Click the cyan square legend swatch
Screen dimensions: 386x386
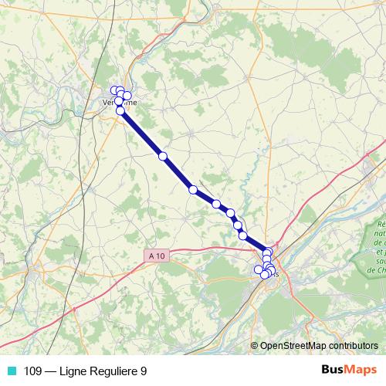(x=11, y=371)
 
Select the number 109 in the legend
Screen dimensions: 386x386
(x=33, y=371)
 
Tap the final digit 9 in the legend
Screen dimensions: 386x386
(x=144, y=371)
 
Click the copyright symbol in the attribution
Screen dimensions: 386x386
(x=254, y=346)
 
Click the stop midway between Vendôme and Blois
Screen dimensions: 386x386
(x=193, y=190)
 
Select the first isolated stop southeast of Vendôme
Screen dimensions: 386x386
(x=163, y=156)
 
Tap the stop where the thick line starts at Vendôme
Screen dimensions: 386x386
(x=120, y=111)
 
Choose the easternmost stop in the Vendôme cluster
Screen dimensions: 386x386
(x=127, y=96)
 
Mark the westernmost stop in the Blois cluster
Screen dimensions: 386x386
(x=259, y=269)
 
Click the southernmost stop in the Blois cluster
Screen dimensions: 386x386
(x=265, y=275)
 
